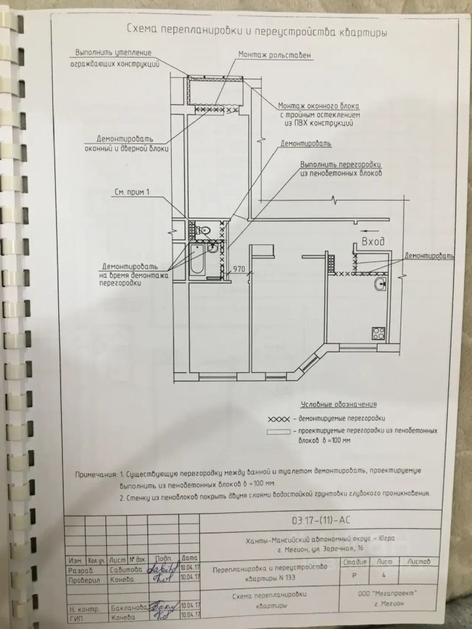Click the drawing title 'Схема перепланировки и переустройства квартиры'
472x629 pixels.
click(256, 31)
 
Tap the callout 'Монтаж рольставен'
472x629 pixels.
click(266, 56)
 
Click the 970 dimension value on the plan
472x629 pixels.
click(239, 269)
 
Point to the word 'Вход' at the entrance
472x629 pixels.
click(372, 242)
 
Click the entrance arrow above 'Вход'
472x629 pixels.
click(368, 231)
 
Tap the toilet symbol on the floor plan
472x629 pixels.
click(204, 231)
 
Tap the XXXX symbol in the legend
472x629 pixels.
click(278, 418)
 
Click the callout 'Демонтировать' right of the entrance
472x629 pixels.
click(429, 256)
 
